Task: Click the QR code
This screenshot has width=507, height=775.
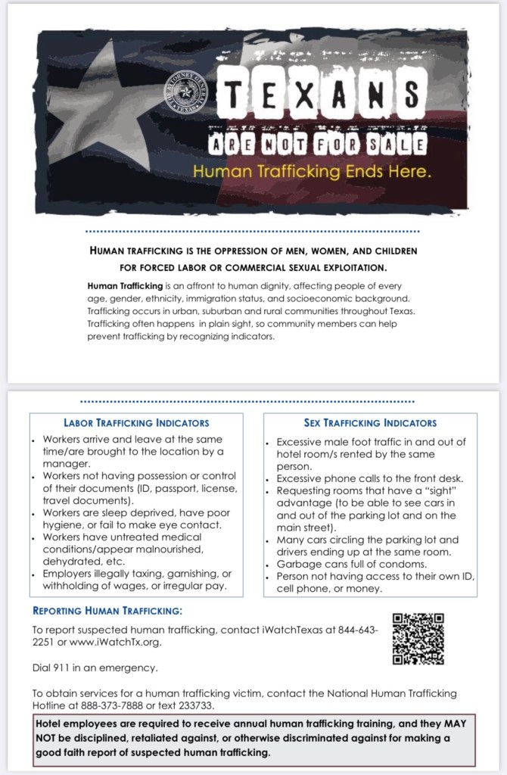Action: click(418, 640)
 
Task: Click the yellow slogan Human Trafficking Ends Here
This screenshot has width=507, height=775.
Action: click(312, 171)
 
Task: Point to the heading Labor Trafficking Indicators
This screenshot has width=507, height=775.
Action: click(137, 422)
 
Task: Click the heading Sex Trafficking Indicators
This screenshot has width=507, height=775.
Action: click(370, 422)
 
